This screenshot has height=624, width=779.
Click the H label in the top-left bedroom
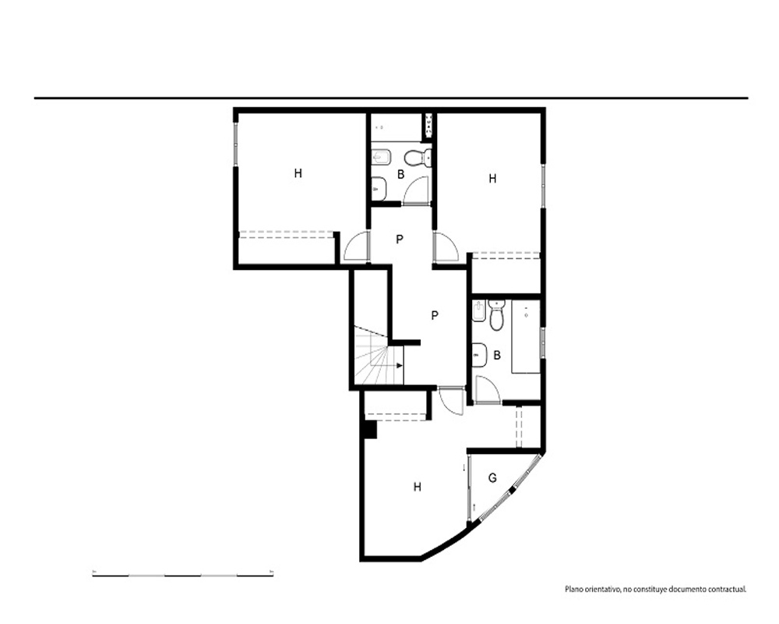tap(298, 173)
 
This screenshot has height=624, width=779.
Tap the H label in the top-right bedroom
tap(492, 179)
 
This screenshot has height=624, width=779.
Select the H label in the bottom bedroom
tap(418, 487)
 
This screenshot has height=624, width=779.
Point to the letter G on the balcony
tap(492, 478)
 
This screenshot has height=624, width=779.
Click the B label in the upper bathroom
tap(401, 175)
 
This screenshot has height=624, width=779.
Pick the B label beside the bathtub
tap(497, 356)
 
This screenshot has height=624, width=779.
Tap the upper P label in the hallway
tap(400, 239)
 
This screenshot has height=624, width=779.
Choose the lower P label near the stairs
tap(435, 315)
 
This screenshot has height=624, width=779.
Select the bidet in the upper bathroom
tap(382, 158)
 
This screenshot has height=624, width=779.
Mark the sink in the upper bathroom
tap(379, 189)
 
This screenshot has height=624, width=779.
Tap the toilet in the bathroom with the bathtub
tap(496, 315)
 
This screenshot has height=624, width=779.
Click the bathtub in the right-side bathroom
tap(526, 336)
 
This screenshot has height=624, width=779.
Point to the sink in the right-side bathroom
tap(479, 356)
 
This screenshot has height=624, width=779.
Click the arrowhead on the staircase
tap(400, 366)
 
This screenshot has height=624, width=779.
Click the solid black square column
tap(370, 430)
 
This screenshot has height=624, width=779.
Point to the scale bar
tap(183, 575)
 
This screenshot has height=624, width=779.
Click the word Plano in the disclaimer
tap(573, 590)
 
